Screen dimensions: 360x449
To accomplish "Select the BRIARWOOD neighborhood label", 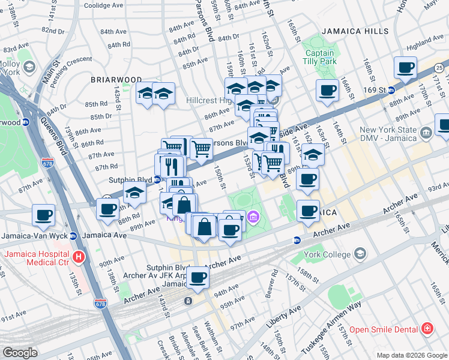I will tap(116, 79).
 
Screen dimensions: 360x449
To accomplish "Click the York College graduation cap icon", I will tap(360, 254).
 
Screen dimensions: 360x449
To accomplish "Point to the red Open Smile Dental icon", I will tap(426, 329).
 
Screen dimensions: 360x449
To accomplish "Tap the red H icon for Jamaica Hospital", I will tap(78, 257).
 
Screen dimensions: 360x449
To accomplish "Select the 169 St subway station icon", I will tap(390, 91).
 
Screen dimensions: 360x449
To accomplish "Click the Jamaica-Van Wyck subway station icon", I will tap(73, 236).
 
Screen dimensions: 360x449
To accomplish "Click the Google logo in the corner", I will tap(20, 353).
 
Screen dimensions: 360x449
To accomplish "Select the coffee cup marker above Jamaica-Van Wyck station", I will tap(44, 214).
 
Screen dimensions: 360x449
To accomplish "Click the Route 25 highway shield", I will tap(439, 67).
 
